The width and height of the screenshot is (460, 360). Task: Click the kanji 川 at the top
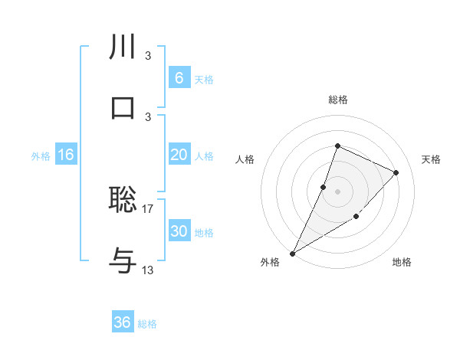(123, 47)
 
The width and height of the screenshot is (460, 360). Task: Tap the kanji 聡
(123, 199)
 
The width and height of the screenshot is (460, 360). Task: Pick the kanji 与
(123, 260)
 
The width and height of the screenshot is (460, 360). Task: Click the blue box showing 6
(179, 78)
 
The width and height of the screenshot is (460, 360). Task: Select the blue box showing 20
(179, 155)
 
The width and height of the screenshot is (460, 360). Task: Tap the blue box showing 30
(179, 231)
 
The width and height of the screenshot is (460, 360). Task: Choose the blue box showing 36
(123, 322)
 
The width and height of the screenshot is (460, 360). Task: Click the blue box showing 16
(66, 155)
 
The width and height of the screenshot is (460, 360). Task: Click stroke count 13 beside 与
(148, 270)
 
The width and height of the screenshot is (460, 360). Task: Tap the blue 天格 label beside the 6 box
(204, 79)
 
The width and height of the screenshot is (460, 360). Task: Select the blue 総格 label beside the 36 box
(148, 324)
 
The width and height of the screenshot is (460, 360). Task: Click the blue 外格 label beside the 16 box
(41, 155)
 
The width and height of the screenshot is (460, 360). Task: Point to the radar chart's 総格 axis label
(338, 100)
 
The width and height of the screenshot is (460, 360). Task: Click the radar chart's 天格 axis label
(431, 159)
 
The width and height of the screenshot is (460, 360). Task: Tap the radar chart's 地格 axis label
(402, 262)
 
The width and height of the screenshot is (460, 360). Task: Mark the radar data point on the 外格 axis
(293, 253)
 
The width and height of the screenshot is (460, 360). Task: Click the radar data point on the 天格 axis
(396, 172)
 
